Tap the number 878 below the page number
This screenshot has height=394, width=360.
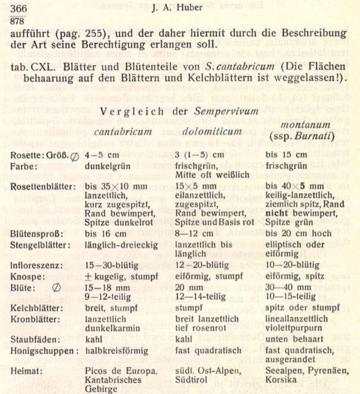[18, 19]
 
